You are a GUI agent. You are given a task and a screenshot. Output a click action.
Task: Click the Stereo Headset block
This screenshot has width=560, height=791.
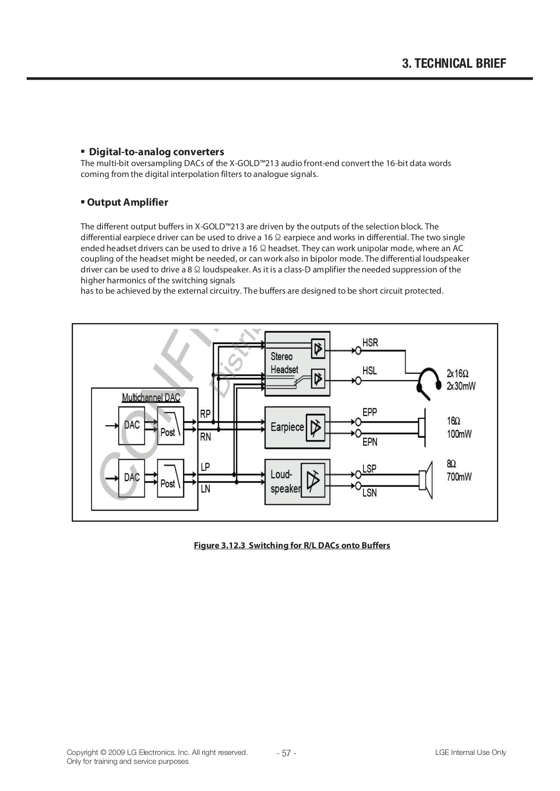297,364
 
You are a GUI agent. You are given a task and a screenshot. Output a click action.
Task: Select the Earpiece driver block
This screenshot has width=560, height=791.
297,427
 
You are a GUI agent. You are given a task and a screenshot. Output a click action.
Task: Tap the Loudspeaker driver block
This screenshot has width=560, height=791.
297,481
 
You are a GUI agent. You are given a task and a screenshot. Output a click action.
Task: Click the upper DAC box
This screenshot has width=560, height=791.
132,426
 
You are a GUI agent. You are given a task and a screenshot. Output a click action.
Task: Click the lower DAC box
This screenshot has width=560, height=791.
132,478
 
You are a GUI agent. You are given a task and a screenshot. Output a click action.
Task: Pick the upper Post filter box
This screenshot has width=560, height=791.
170,426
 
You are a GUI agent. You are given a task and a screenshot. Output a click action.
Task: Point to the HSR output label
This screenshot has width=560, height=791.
370,343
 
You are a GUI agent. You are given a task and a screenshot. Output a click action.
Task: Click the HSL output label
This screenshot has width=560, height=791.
370,370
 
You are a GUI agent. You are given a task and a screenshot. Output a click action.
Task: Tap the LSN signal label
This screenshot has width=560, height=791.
370,492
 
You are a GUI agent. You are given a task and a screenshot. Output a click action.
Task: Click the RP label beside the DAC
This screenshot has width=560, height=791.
205,414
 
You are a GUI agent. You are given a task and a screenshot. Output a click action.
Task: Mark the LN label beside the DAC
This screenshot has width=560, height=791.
205,489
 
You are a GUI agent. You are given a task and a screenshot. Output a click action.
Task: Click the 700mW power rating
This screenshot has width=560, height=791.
459,477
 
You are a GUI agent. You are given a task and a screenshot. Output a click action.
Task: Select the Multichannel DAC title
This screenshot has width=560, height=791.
151,397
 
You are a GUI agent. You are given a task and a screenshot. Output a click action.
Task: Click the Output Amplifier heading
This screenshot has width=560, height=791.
127,202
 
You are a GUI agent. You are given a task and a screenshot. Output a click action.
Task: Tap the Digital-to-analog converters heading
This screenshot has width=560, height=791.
156,152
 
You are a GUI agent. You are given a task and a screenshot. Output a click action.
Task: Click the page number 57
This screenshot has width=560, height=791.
286,753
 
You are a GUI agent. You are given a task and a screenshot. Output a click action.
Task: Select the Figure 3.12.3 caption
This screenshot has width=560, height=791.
292,545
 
